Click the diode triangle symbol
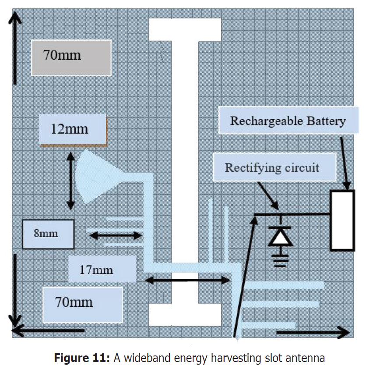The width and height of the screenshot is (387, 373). (x=280, y=237)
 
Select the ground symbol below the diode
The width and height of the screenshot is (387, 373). (x=280, y=260)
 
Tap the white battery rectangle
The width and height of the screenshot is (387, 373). (x=342, y=220)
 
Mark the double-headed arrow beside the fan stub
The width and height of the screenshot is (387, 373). (x=70, y=180)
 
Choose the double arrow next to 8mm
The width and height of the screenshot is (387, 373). (x=116, y=236)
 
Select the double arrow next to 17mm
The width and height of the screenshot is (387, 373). (x=187, y=280)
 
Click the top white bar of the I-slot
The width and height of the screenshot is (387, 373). (x=184, y=29)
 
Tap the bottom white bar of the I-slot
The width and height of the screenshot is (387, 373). (x=184, y=316)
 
